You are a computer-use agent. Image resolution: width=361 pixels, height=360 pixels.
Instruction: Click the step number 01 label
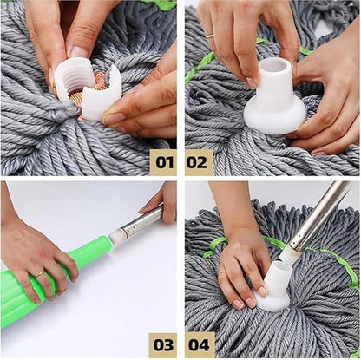[162, 161]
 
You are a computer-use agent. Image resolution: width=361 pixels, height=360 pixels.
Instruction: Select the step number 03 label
[162, 344]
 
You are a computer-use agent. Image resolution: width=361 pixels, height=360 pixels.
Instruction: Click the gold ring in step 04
[221, 272]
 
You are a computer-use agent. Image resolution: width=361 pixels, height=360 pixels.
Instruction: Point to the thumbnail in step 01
[113, 118]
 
